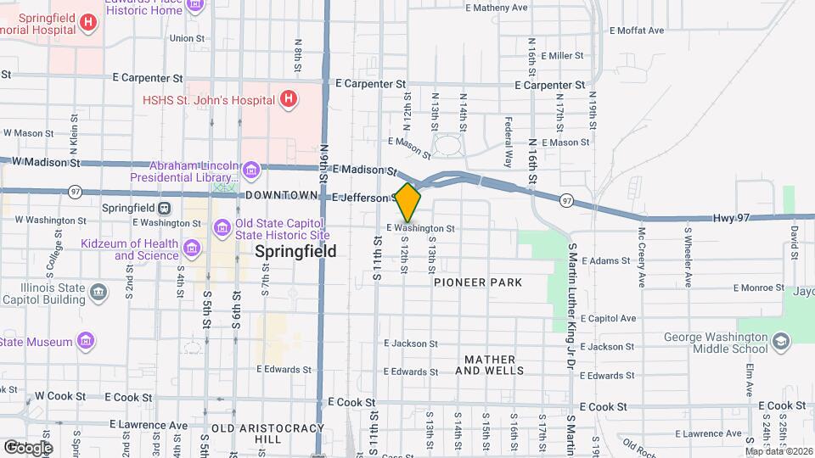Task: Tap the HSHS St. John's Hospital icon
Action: click(289, 100)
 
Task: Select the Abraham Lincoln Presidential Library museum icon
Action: click(251, 172)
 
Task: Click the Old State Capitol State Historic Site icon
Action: click(222, 227)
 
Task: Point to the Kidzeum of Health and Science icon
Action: click(192, 249)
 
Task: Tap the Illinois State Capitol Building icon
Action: click(99, 293)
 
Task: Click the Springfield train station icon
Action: click(164, 208)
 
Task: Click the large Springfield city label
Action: click(295, 251)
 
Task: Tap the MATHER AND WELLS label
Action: click(489, 365)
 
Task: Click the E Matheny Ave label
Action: click(497, 8)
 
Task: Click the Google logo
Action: click(27, 447)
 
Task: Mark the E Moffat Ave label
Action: click(637, 31)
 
